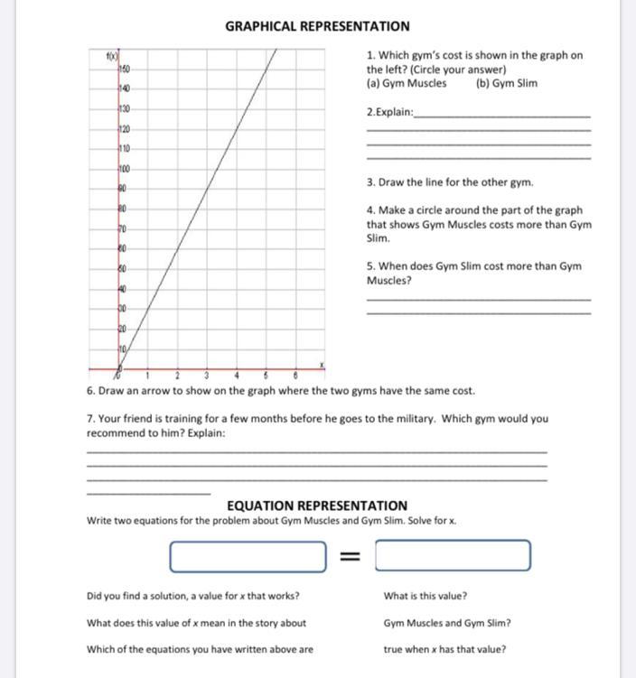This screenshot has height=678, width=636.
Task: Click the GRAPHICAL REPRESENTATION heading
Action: coord(317,26)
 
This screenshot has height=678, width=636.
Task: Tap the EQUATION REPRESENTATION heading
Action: coord(317,506)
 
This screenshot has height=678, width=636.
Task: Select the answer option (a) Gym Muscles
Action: coord(407,83)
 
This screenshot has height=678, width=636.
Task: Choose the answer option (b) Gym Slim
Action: coord(506,83)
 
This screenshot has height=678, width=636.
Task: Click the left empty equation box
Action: coord(248,556)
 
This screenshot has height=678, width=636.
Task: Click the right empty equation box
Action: coord(454,556)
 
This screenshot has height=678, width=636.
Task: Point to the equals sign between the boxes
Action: coord(351,556)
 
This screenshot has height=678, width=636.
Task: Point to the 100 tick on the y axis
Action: coord(124,169)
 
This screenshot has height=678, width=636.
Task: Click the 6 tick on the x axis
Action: coord(295,375)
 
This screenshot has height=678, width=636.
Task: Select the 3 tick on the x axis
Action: coord(207,375)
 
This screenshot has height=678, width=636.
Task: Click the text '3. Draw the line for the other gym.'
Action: coord(450,182)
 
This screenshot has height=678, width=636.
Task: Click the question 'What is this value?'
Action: coord(426,596)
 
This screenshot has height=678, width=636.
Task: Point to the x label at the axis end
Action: coord(320,363)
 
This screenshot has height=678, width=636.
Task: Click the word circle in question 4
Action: coord(431,210)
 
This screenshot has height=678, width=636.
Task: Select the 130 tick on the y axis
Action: coord(124,108)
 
